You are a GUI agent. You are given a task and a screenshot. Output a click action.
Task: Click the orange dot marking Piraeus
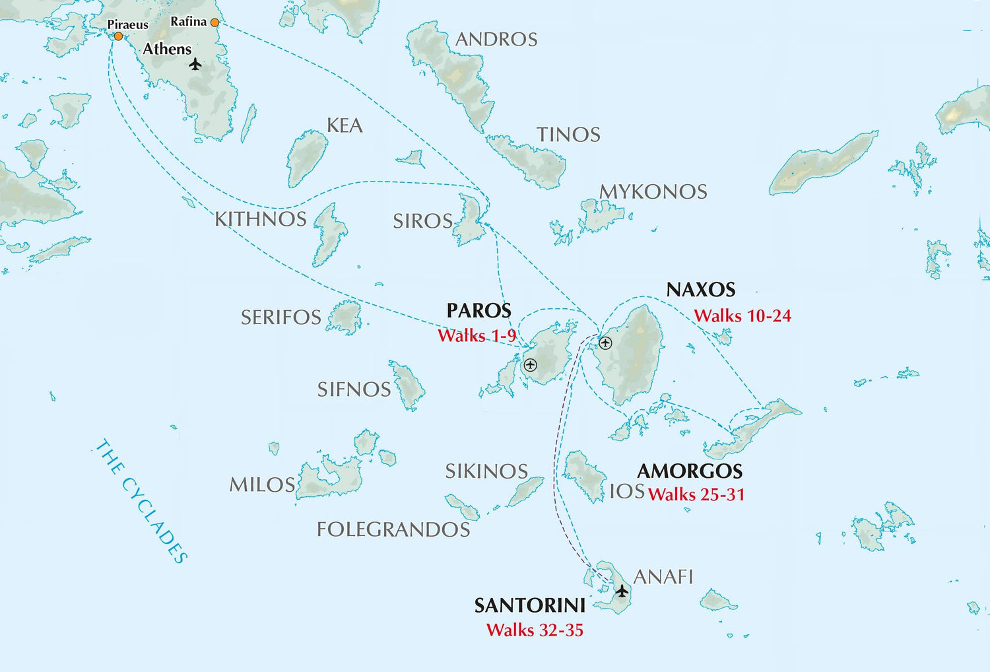pyautogui.click(x=118, y=36)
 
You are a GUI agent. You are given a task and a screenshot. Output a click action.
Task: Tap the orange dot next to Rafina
pyautogui.click(x=214, y=22)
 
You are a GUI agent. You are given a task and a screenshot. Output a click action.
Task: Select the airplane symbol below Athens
pyautogui.click(x=195, y=64)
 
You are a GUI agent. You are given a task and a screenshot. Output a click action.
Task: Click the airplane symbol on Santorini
pyautogui.click(x=622, y=590)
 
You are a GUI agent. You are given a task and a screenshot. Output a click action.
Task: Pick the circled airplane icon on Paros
pyautogui.click(x=530, y=364)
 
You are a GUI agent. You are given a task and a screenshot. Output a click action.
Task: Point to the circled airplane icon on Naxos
pyautogui.click(x=605, y=343)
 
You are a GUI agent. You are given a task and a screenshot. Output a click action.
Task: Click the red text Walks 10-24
pyautogui.click(x=742, y=316)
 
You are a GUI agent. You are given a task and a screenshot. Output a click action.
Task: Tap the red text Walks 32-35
pyautogui.click(x=535, y=630)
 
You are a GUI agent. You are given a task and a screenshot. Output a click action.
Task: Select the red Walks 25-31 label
pyautogui.click(x=696, y=494)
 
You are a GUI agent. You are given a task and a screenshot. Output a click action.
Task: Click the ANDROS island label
pyautogui.click(x=496, y=40)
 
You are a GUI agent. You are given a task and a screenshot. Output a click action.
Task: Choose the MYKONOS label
pyautogui.click(x=653, y=192)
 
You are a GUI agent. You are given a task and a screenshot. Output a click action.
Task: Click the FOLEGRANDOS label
pyautogui.click(x=393, y=529)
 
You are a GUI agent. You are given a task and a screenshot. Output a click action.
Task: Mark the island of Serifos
pyautogui.click(x=345, y=318)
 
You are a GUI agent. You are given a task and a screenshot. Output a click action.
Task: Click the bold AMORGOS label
pyautogui.click(x=690, y=471)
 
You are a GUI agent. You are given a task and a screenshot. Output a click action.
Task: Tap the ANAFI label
pyautogui.click(x=663, y=577)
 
